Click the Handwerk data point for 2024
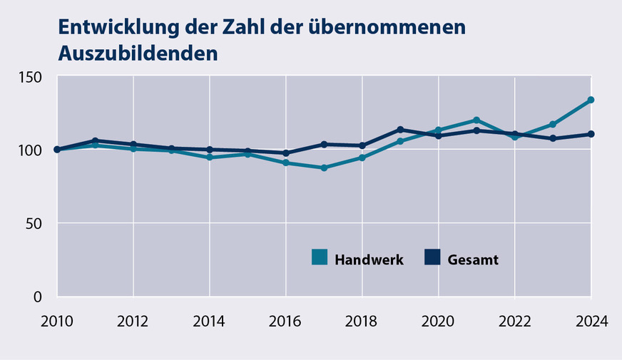[x=591, y=100]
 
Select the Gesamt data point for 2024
[x=591, y=134]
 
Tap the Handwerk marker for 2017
[x=324, y=168]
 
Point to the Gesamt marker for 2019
[x=400, y=130]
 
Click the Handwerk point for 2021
[x=476, y=120]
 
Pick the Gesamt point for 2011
[x=95, y=140]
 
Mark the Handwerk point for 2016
[x=285, y=163]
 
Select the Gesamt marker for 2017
[x=324, y=144]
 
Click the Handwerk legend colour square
[x=320, y=257]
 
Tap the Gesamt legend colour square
[x=432, y=257]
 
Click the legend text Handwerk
[x=369, y=259]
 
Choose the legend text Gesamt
[x=473, y=259]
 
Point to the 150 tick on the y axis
[x=29, y=76]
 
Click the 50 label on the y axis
[x=34, y=223]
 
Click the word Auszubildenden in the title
[x=137, y=54]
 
